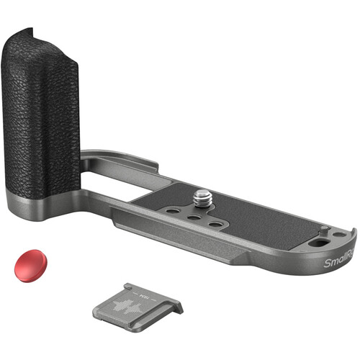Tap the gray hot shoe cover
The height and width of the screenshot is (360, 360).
137,303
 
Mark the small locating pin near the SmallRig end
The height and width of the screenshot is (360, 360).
325,230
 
